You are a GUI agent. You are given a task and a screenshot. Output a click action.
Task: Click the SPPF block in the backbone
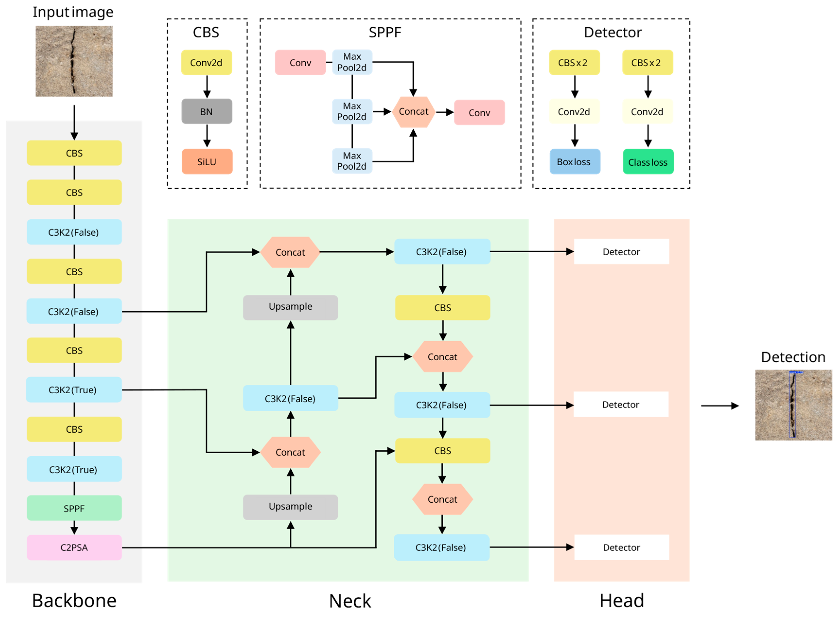point(74,508)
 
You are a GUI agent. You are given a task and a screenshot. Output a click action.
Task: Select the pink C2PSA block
point(74,547)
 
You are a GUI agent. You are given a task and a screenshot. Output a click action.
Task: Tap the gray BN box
point(206,112)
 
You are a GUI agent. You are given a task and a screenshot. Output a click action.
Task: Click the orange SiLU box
point(207,162)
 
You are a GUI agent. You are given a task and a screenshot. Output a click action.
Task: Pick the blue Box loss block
point(574,162)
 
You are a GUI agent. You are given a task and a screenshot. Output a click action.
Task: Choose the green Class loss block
point(648,162)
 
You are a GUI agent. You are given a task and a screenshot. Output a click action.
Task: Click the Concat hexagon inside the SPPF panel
point(413,112)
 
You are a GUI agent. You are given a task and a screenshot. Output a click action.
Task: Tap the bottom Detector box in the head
point(621,547)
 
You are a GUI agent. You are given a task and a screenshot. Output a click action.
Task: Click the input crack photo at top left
point(74,61)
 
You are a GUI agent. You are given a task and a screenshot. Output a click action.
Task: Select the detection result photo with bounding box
point(793,405)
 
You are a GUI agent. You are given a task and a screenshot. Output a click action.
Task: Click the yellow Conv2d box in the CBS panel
point(206,62)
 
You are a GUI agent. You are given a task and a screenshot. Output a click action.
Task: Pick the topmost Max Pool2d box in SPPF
point(352,62)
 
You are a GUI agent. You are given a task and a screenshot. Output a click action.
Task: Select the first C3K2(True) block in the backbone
point(73,389)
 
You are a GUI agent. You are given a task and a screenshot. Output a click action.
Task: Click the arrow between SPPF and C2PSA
point(74,528)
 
